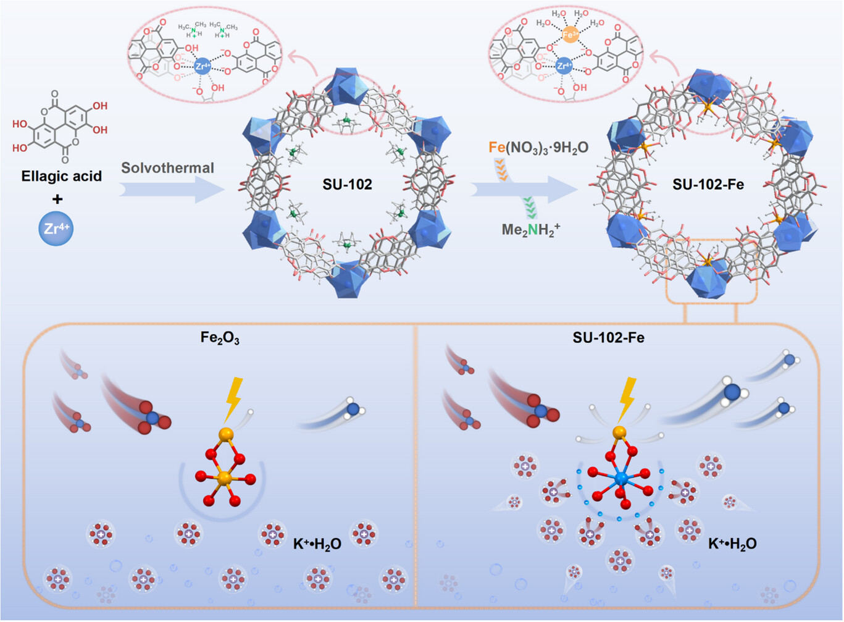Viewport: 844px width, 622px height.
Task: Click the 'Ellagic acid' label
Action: tap(61, 177)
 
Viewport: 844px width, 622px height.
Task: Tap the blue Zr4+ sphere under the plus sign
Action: tap(57, 228)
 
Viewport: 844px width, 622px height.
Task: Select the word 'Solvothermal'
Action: tap(167, 168)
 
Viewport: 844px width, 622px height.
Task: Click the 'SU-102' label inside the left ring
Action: tap(347, 183)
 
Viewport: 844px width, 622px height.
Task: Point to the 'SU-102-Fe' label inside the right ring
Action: tap(708, 184)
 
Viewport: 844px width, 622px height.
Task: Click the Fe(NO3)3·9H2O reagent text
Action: tap(538, 148)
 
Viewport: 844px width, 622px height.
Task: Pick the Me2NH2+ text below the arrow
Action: tap(530, 230)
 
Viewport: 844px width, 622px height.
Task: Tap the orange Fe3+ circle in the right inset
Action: tap(571, 35)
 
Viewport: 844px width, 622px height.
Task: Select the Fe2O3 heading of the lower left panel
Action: tap(220, 338)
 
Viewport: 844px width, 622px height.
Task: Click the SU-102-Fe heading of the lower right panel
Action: tap(608, 338)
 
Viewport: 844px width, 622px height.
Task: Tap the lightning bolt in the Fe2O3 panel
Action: tap(233, 400)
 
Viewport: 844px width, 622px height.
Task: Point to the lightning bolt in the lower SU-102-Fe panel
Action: tap(626, 399)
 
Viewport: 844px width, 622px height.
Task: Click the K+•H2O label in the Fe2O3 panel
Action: tap(317, 544)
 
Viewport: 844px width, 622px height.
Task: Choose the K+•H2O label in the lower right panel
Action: tap(732, 544)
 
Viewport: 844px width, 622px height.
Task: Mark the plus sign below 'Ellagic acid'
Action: tap(57, 199)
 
